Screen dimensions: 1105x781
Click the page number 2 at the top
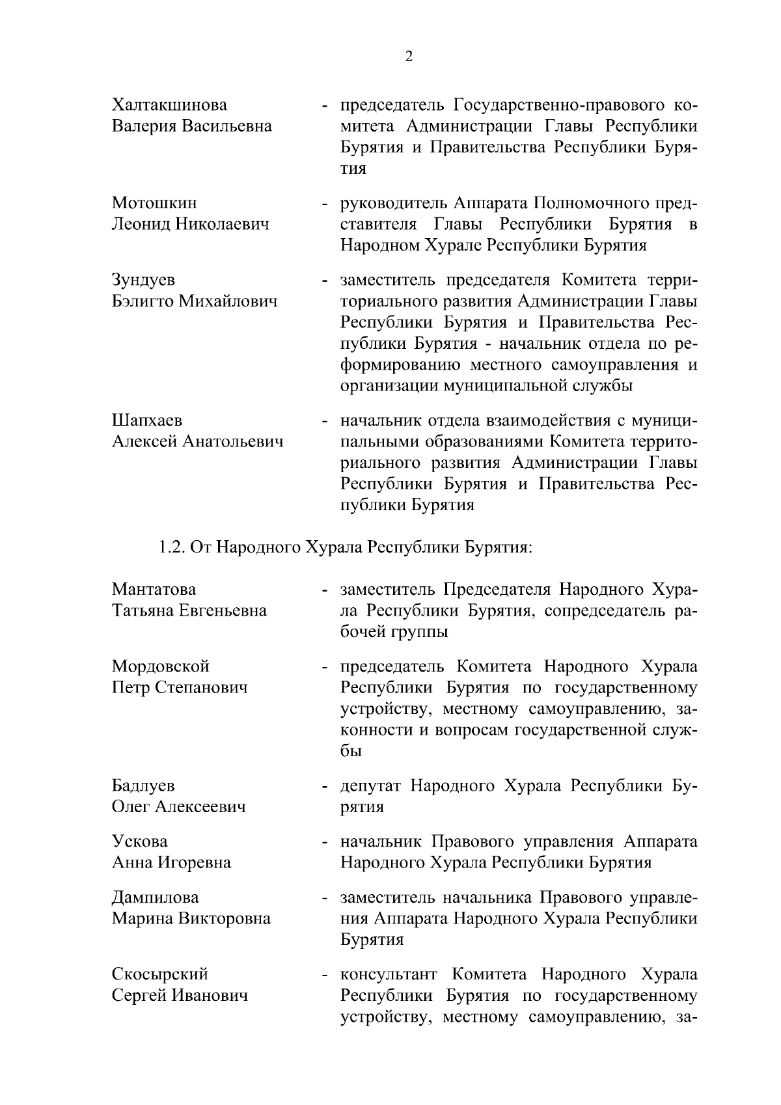(x=408, y=57)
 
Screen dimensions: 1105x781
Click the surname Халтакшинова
(x=169, y=105)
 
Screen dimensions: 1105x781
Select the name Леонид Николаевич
(x=191, y=225)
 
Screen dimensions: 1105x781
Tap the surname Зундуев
(x=143, y=280)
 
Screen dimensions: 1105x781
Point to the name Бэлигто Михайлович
(x=195, y=301)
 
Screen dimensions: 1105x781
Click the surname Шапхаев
(x=147, y=421)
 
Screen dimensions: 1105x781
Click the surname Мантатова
(x=154, y=590)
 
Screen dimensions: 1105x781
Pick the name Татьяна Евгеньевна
(x=189, y=610)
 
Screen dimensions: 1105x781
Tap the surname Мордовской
(x=160, y=666)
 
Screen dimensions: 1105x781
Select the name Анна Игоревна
(x=171, y=863)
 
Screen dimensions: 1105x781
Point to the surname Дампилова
(x=155, y=898)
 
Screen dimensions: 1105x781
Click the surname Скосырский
(x=160, y=975)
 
